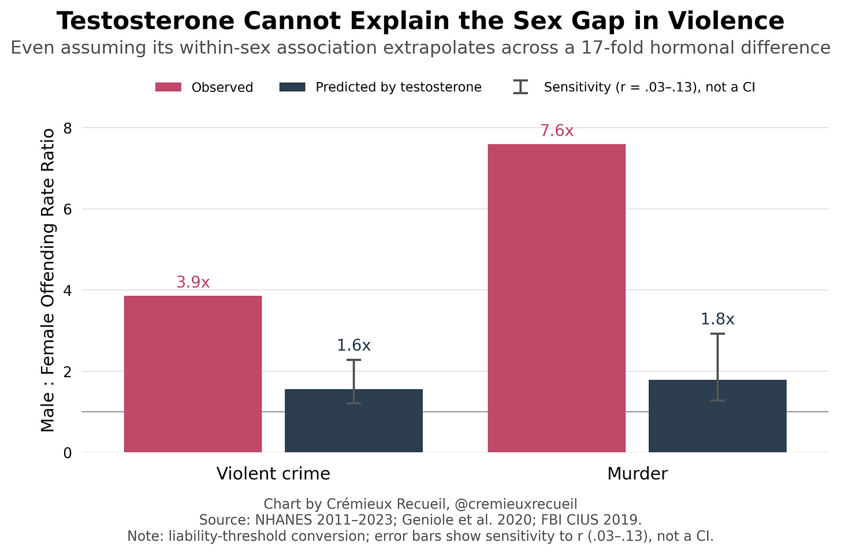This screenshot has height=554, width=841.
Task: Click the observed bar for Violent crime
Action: click(x=192, y=374)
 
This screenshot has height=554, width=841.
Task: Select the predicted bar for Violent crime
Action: click(x=353, y=421)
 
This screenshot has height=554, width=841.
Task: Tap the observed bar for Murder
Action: click(x=556, y=298)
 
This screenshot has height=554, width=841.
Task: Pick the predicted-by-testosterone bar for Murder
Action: click(x=717, y=416)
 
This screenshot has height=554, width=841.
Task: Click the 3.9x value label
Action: click(x=193, y=282)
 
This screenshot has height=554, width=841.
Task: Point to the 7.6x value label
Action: click(x=557, y=131)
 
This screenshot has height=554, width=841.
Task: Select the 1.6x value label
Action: click(x=353, y=345)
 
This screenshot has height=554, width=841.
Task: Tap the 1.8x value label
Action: click(x=717, y=319)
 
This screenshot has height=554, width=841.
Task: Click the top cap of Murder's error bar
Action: click(x=717, y=333)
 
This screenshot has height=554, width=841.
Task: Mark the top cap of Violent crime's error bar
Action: click(x=353, y=360)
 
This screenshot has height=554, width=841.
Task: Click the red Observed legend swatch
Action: click(x=168, y=87)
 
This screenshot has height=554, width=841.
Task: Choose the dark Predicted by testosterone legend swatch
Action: click(x=292, y=87)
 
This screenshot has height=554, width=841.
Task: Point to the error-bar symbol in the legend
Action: click(x=521, y=87)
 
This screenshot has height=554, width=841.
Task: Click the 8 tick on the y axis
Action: click(x=68, y=128)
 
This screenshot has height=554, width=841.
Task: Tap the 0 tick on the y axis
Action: click(x=68, y=453)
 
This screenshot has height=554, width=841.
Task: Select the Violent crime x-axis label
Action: click(x=273, y=474)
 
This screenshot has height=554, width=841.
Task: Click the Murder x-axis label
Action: click(x=638, y=474)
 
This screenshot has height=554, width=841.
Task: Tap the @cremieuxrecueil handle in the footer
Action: click(x=515, y=504)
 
